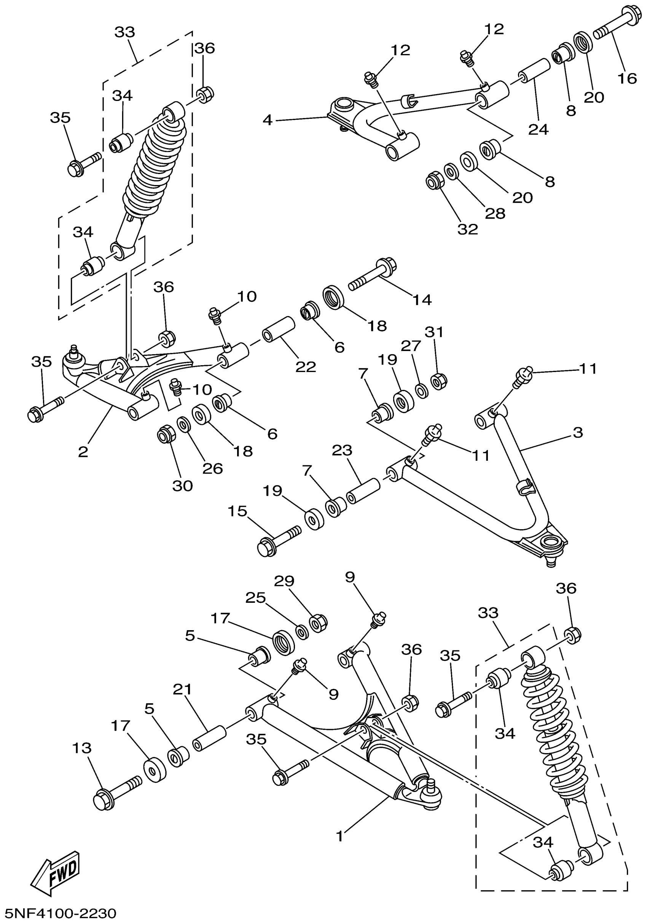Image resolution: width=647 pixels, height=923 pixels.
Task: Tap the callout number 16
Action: coord(627,78)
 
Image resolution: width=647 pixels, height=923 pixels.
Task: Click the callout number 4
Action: coord(268,120)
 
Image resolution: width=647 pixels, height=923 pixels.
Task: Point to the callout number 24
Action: coord(538,129)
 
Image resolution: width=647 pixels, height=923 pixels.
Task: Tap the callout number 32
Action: coord(468,229)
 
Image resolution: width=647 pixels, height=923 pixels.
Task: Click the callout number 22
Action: coord(306,366)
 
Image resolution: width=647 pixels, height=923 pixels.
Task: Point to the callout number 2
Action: coord(83,452)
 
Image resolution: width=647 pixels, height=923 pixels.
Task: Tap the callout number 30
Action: coord(182,485)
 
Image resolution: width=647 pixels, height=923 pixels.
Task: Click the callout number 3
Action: coord(577,433)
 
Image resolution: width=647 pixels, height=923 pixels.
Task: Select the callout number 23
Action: coord(342,450)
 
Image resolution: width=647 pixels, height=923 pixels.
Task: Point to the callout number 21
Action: coord(182,690)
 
